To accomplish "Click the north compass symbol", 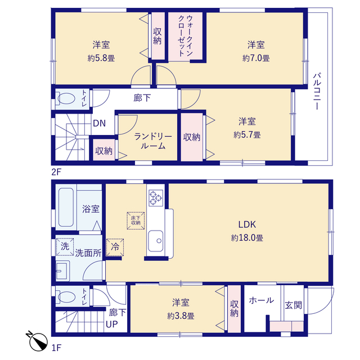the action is (x=38, y=341).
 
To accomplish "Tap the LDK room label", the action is (x=247, y=224).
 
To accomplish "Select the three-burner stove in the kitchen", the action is (x=156, y=197).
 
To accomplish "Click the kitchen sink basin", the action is (x=155, y=241).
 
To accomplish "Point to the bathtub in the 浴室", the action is (x=66, y=208).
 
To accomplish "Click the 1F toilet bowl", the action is (x=66, y=297).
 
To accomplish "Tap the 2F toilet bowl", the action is (x=66, y=99).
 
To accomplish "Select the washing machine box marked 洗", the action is (x=65, y=246).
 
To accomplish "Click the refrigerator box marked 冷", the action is (x=115, y=247).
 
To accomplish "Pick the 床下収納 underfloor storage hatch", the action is (x=136, y=220).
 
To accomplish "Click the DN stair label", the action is (x=99, y=124).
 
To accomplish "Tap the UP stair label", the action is (x=112, y=324).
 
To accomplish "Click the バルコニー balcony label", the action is (x=317, y=91).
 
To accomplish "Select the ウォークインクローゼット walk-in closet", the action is (x=185, y=36).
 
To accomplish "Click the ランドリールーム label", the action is (x=153, y=141).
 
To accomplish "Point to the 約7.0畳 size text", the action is (x=256, y=58).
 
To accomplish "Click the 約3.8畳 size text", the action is (x=181, y=316).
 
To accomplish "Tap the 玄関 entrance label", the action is (x=293, y=305).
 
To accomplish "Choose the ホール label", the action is (x=261, y=300).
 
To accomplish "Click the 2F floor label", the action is (x=56, y=172).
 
